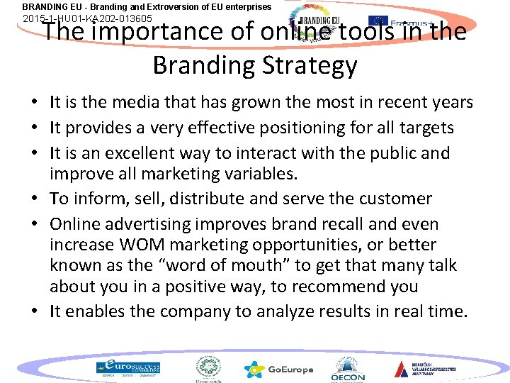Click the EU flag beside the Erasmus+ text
click(x=379, y=22)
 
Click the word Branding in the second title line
click(x=202, y=65)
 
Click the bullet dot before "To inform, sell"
click(x=34, y=199)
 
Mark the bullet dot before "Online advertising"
click(x=34, y=224)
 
